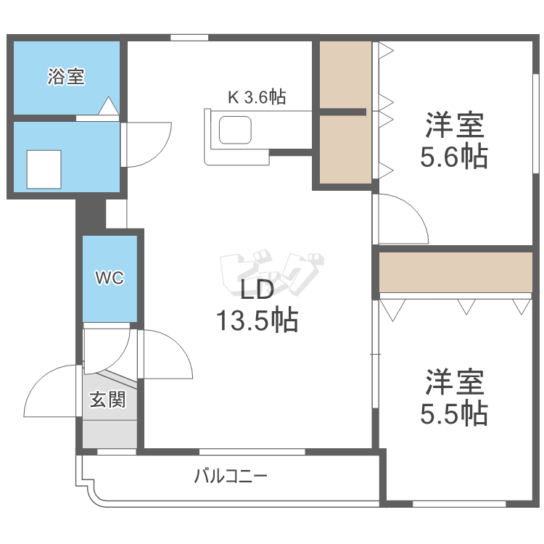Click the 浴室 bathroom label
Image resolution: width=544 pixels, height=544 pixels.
point(66,77)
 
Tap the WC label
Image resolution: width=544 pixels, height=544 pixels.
point(110,278)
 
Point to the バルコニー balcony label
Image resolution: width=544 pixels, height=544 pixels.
point(231,477)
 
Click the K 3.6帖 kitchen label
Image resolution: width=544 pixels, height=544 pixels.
point(257,97)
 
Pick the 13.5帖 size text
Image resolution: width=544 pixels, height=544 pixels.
point(256,320)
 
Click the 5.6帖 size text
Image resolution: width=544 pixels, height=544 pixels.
point(454,156)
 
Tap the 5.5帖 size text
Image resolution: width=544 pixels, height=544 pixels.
point(454,413)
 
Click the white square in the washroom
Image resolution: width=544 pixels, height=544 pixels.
point(44,169)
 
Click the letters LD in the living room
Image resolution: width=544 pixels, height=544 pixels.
point(256,290)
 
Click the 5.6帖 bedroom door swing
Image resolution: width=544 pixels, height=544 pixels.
point(403,218)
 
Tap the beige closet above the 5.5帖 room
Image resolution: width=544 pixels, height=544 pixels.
point(456,271)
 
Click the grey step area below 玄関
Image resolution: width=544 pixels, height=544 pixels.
point(110,434)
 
